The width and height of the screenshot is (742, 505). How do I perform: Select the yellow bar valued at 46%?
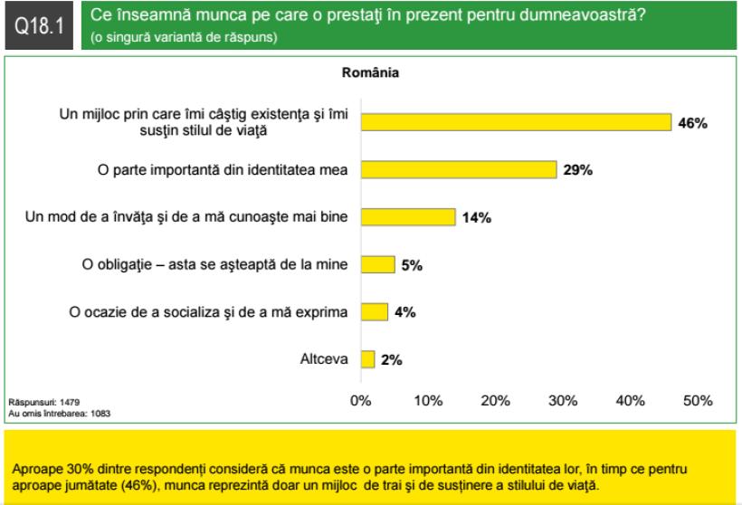tap(516, 123)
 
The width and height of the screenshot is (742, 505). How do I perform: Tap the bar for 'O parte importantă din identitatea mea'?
tap(459, 170)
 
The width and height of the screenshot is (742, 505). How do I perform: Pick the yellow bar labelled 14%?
tap(408, 217)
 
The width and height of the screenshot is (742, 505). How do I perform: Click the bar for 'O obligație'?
tap(378, 264)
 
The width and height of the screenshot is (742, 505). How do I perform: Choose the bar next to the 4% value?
tap(375, 312)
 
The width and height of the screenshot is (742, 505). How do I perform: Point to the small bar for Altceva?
tap(367, 359)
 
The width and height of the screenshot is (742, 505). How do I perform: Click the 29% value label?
tap(577, 170)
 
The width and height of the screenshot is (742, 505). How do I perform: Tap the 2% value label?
tap(391, 359)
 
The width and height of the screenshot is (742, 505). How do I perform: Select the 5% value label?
tap(412, 265)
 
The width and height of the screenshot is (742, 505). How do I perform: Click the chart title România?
tap(371, 71)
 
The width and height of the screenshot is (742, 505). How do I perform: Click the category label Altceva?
tap(325, 359)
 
